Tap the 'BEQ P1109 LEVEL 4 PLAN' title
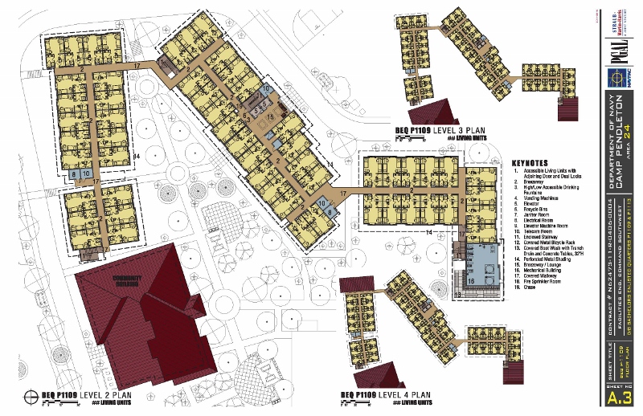pos(383,394)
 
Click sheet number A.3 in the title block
pos(616,399)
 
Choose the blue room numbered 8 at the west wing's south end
pos(75,173)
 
